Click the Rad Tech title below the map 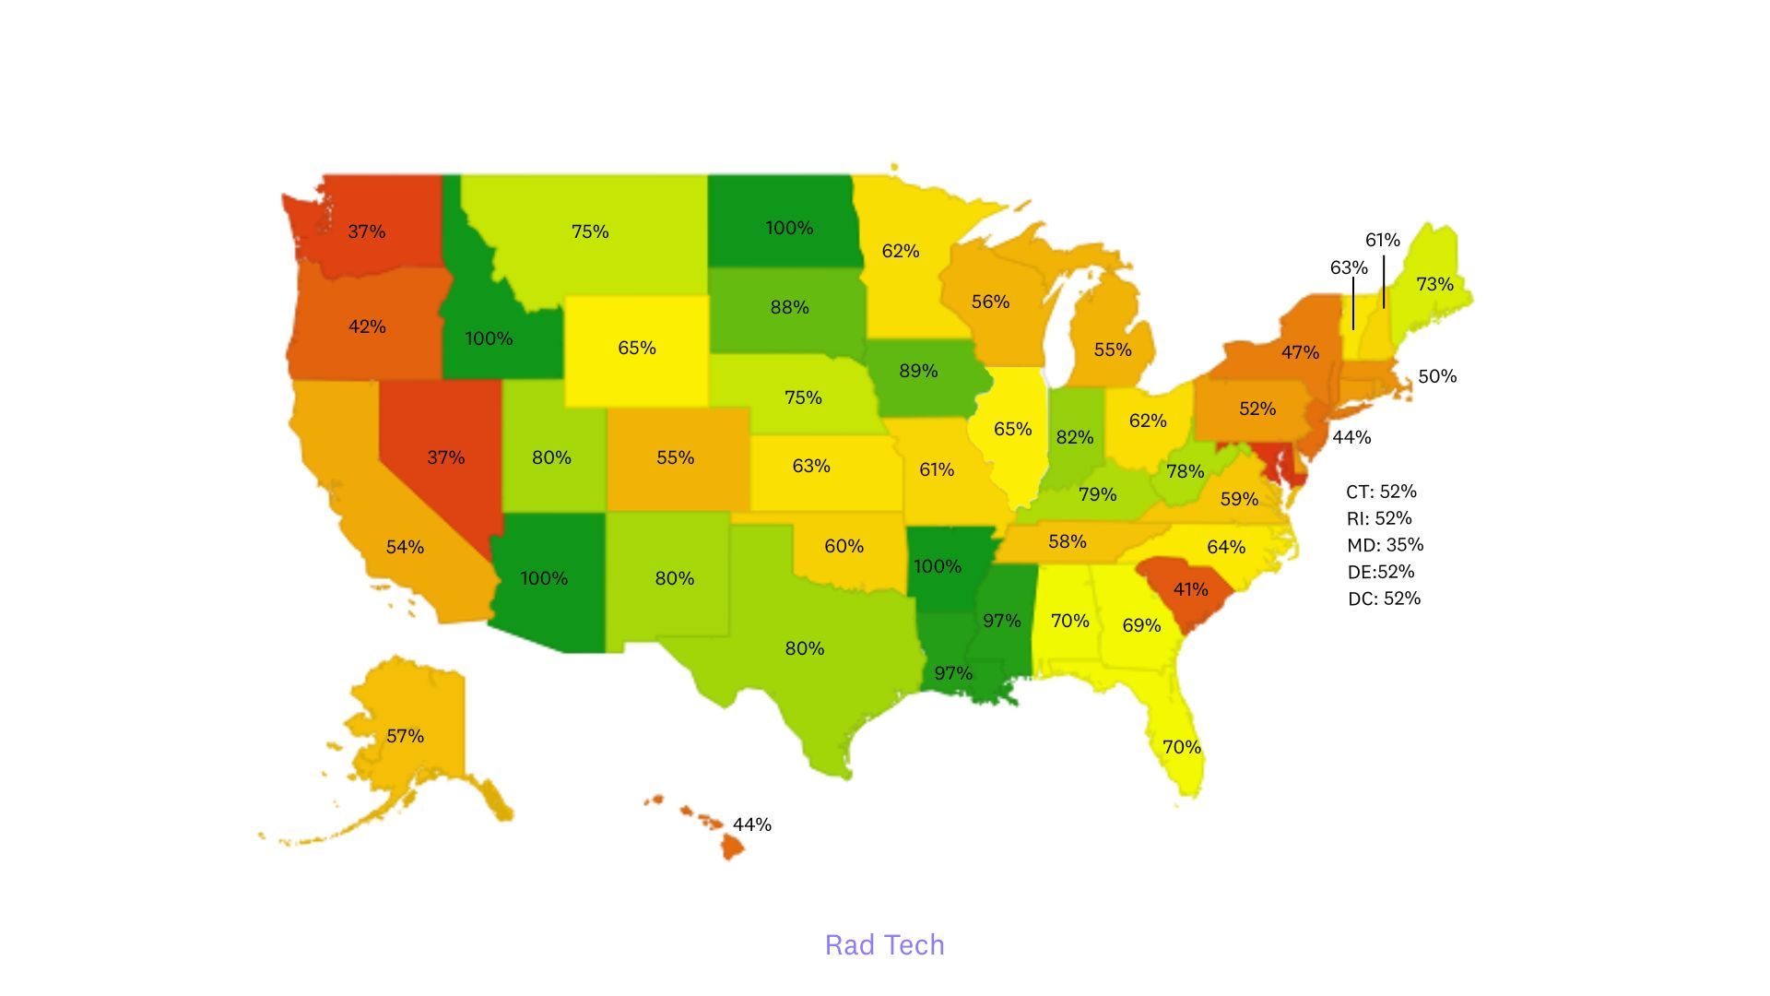884,945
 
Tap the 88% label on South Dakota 789,308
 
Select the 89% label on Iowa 917,371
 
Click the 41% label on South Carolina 1190,589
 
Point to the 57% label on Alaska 405,736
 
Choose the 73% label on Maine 1434,284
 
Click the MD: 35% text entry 1385,545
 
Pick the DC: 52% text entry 1384,599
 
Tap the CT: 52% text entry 1381,492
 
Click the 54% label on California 405,547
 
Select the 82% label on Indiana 1074,437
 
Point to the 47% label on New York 1300,352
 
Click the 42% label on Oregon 366,326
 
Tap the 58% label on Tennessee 1067,541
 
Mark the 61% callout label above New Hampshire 1382,241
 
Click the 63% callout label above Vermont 1348,268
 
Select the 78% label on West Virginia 1185,471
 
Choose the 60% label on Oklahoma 844,546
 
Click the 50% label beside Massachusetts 1436,376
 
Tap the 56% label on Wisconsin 990,302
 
